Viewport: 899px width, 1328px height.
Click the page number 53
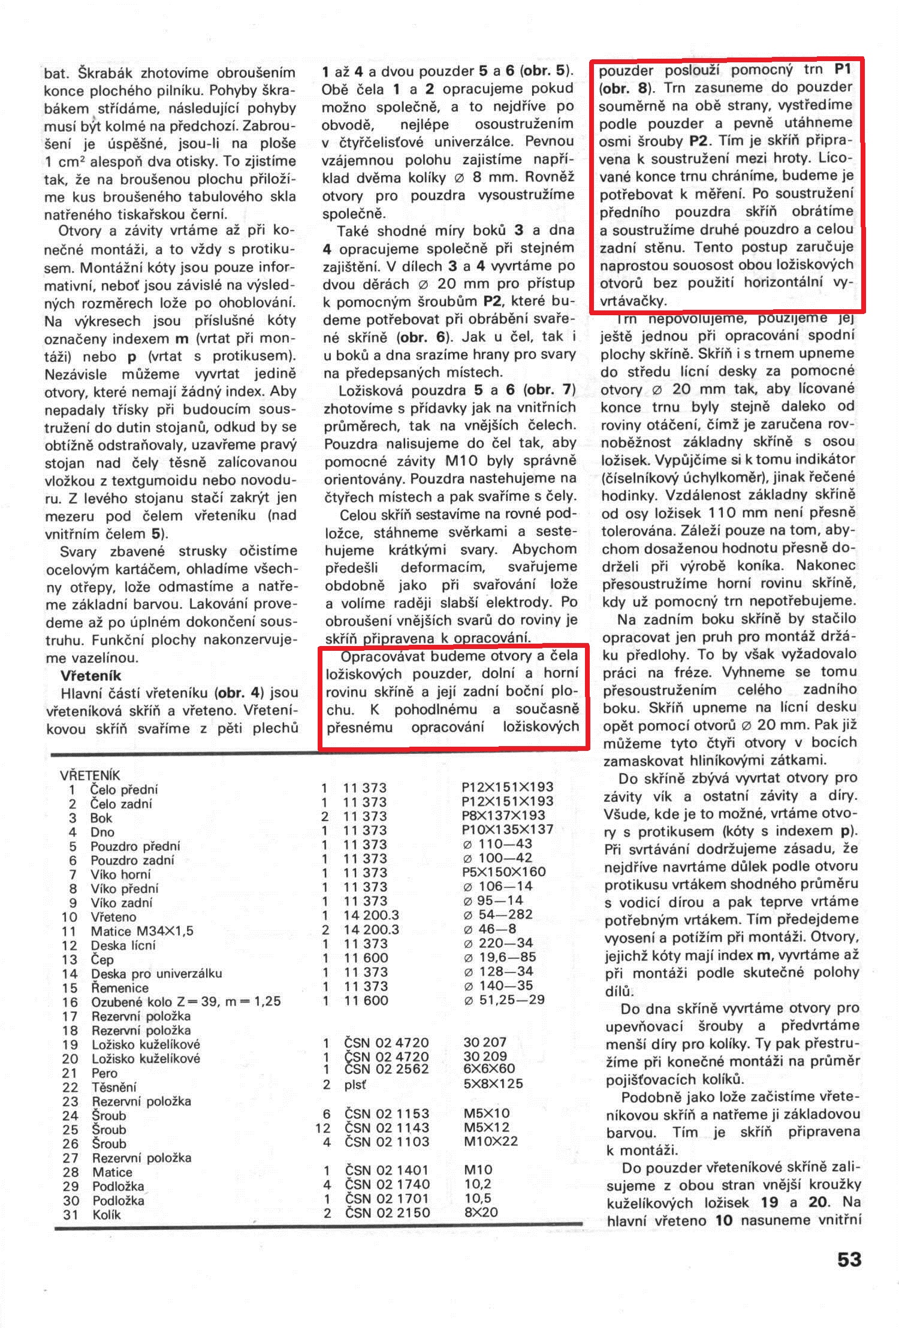coord(849,1259)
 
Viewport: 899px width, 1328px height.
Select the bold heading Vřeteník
coord(91,675)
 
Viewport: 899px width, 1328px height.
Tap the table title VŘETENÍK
coord(90,775)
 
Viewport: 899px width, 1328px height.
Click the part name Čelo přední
coord(124,790)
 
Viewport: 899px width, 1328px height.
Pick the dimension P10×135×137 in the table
coord(508,829)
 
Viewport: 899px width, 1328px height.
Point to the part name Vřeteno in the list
coord(113,917)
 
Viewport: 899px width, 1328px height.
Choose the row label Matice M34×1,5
coord(142,931)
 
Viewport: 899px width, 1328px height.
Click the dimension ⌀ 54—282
coord(499,914)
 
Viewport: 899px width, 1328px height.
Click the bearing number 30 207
coord(485,1042)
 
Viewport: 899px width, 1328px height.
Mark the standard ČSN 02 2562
coord(387,1069)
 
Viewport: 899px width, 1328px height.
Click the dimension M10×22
coord(490,1141)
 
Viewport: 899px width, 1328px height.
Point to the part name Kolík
coord(107,1215)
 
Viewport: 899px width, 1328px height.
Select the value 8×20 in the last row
coord(481,1212)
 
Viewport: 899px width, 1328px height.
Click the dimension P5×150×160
coord(504,872)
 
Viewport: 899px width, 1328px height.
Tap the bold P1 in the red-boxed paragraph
coord(843,70)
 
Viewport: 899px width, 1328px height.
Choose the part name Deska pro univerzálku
coord(156,973)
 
